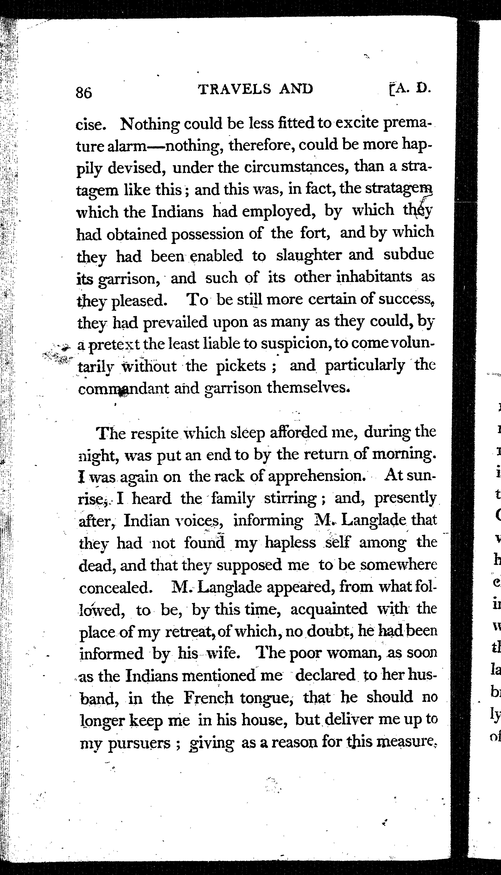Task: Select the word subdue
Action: [409, 255]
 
